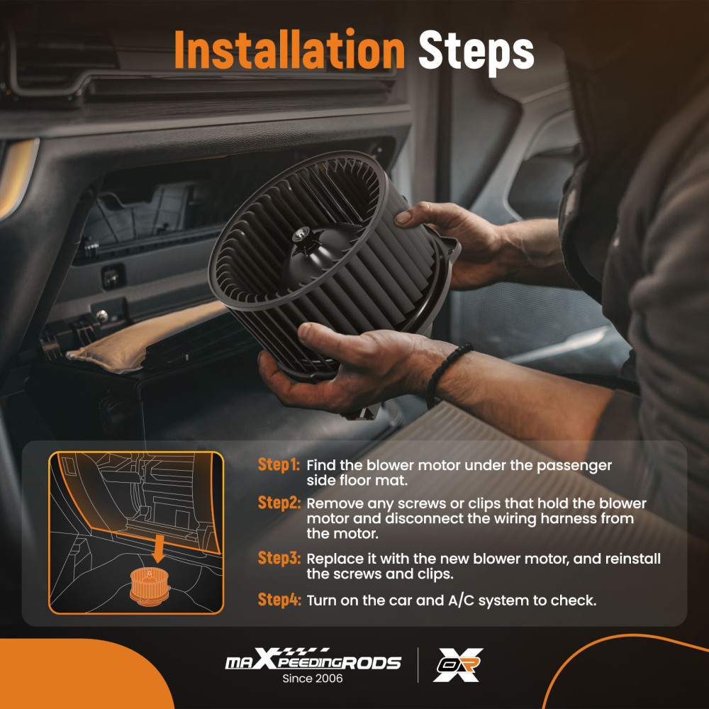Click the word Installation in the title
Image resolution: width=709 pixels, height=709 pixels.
pyautogui.click(x=289, y=50)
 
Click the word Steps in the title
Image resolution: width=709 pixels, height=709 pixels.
pyautogui.click(x=476, y=52)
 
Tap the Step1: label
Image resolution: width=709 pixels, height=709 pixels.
pyautogui.click(x=279, y=464)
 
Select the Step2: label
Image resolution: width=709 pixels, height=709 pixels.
pyautogui.click(x=279, y=503)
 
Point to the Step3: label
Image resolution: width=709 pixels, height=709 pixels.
pyautogui.click(x=279, y=558)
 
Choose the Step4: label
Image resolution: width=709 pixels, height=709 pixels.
pyautogui.click(x=279, y=600)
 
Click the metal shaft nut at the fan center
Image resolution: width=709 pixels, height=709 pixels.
pyautogui.click(x=299, y=235)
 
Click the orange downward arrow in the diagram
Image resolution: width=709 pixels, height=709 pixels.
pyautogui.click(x=158, y=549)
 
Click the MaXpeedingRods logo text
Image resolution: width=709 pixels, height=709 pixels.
pyautogui.click(x=313, y=659)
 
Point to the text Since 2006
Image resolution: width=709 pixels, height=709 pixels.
pyautogui.click(x=313, y=679)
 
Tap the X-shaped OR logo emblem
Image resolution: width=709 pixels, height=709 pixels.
pyautogui.click(x=457, y=665)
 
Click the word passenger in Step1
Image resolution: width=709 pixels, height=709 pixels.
pyautogui.click(x=574, y=466)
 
